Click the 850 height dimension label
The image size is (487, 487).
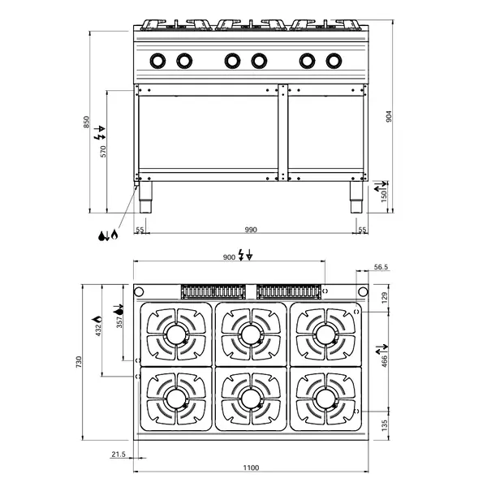click(86, 123)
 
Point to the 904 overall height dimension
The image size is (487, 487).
click(389, 117)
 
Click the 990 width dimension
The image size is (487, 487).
click(251, 231)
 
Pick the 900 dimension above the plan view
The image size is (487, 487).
click(229, 256)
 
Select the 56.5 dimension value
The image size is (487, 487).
click(381, 266)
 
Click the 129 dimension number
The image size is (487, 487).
click(385, 297)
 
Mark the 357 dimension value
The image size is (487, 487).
click(120, 322)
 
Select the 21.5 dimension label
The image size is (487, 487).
click(117, 455)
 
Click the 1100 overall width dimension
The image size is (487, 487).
click(251, 468)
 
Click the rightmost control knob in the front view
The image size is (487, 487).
click(334, 60)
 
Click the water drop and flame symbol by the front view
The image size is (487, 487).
click(108, 235)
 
